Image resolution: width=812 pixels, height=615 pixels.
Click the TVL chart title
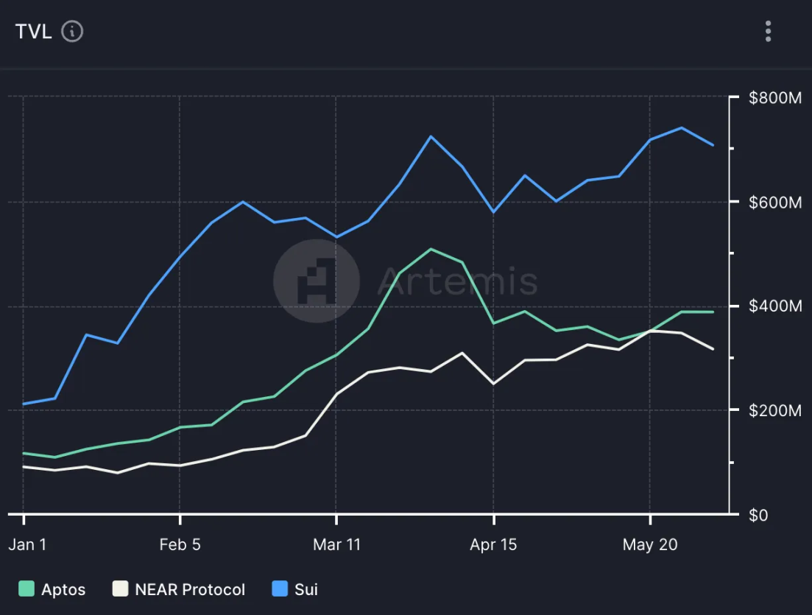[33, 32]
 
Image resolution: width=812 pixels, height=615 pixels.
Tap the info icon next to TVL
[72, 32]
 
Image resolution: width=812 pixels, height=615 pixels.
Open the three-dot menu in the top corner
[768, 32]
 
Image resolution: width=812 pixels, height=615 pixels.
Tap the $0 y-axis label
[758, 515]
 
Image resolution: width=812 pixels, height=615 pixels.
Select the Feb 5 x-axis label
[180, 545]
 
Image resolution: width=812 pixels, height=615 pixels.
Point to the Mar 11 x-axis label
[337, 545]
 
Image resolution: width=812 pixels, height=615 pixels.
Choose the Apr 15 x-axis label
[493, 545]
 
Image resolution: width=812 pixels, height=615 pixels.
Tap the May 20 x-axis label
[649, 545]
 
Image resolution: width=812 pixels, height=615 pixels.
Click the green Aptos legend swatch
[27, 589]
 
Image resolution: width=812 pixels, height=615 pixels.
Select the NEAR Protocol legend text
[190, 589]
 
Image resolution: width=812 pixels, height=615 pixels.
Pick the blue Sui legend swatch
[280, 589]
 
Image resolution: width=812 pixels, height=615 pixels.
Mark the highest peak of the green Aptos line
[431, 249]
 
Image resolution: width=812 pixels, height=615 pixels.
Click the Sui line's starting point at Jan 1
[24, 404]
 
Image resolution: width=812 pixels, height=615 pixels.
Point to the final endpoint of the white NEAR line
[713, 348]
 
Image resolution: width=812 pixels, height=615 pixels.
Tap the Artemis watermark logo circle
[317, 281]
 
